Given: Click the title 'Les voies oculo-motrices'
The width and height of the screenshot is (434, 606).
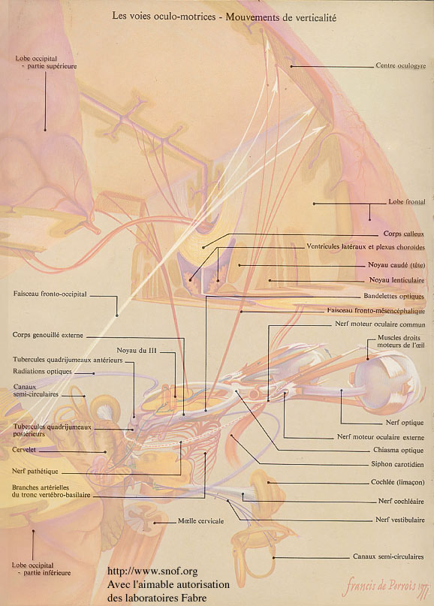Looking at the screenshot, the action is pyautogui.click(x=164, y=17).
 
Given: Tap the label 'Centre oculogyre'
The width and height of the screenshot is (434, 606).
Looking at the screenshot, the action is pyautogui.click(x=401, y=65).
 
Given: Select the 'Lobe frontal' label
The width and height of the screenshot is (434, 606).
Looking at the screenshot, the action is pyautogui.click(x=407, y=201).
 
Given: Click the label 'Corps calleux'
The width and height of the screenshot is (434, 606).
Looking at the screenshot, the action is pyautogui.click(x=404, y=234).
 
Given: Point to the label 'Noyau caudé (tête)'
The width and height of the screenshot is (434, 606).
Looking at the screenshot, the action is pyautogui.click(x=396, y=265).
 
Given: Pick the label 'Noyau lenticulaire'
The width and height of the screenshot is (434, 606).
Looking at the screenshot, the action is pyautogui.click(x=397, y=280).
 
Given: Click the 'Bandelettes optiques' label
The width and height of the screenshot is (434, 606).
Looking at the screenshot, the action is pyautogui.click(x=393, y=296).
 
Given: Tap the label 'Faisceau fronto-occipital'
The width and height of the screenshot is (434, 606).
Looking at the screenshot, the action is pyautogui.click(x=50, y=294).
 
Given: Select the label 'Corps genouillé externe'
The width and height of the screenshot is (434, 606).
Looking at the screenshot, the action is pyautogui.click(x=47, y=335).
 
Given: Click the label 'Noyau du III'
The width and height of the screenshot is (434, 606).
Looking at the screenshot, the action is pyautogui.click(x=137, y=351).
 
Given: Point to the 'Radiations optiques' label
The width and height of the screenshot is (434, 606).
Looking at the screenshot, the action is pyautogui.click(x=42, y=372).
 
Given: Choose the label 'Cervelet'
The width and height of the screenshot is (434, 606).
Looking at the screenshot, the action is pyautogui.click(x=24, y=450).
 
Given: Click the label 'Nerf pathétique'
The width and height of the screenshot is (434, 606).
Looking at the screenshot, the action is pyautogui.click(x=35, y=471).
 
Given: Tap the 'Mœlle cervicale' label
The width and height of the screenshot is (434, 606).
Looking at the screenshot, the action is pyautogui.click(x=200, y=521).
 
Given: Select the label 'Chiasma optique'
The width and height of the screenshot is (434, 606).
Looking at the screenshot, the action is pyautogui.click(x=399, y=450).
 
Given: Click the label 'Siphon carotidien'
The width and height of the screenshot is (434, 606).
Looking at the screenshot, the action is pyautogui.click(x=397, y=464).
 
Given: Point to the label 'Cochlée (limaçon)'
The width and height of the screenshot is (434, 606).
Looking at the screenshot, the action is pyautogui.click(x=398, y=482).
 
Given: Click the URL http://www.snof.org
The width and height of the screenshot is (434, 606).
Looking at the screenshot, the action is pyautogui.click(x=152, y=571).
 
